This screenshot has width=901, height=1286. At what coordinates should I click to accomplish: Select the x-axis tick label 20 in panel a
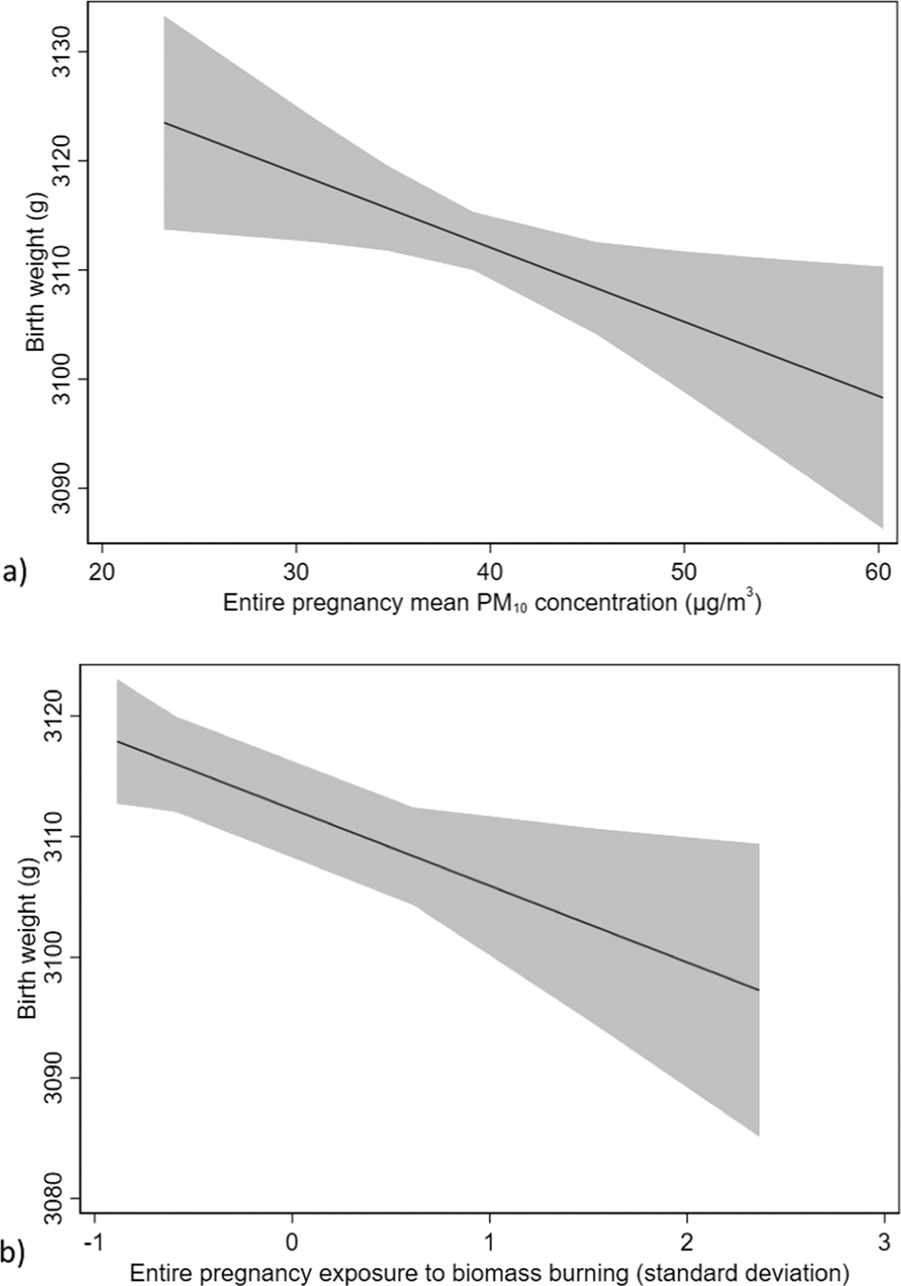[x=101, y=570]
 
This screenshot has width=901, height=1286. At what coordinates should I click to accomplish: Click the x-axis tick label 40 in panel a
[x=489, y=570]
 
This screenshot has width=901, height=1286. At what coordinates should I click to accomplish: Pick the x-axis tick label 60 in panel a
[x=877, y=570]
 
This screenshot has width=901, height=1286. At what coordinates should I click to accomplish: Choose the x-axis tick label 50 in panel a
[x=684, y=570]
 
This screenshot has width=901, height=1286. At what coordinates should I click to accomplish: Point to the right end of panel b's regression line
[x=758, y=990]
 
